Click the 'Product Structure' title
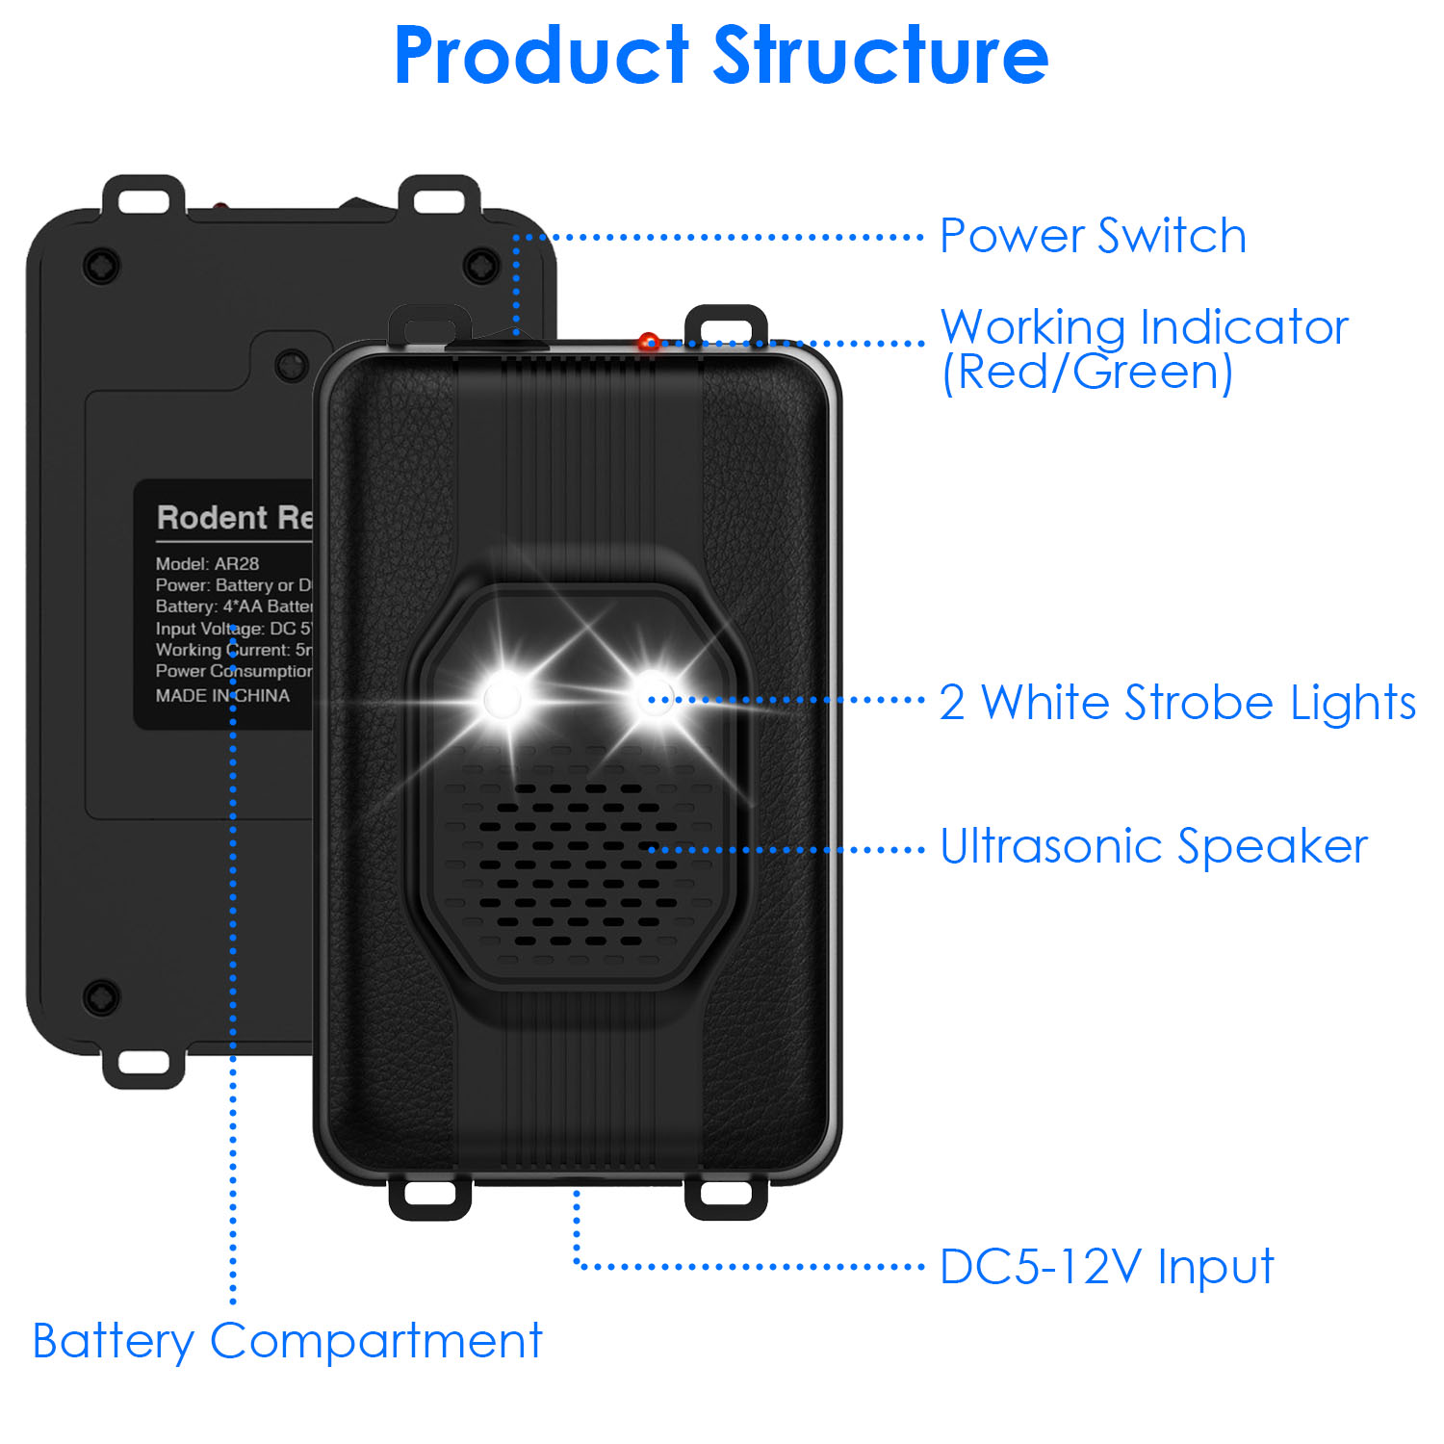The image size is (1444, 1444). click(x=721, y=55)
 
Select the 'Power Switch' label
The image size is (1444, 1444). click(x=1093, y=236)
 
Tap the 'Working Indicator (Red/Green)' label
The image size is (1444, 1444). click(x=1144, y=348)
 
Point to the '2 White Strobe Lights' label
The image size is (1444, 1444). click(x=1176, y=702)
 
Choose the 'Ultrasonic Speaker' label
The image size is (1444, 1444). click(x=1153, y=847)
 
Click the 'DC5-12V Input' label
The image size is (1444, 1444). click(x=1106, y=1267)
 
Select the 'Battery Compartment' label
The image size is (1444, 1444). click(x=287, y=1341)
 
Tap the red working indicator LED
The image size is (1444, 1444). click(x=649, y=342)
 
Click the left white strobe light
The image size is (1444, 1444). click(x=502, y=697)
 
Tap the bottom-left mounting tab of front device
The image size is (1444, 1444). click(x=429, y=1195)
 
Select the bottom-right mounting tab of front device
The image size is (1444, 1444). click(x=725, y=1195)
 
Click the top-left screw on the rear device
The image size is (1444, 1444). click(x=101, y=264)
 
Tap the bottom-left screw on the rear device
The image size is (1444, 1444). click(x=101, y=996)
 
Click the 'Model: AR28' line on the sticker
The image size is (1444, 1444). click(x=207, y=564)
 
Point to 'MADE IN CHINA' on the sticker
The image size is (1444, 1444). click(x=222, y=695)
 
